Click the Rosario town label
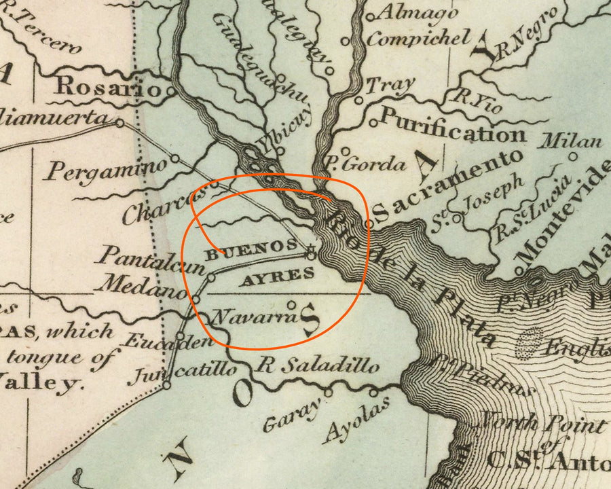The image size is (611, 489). (109, 86)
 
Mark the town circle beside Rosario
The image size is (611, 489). (172, 90)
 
